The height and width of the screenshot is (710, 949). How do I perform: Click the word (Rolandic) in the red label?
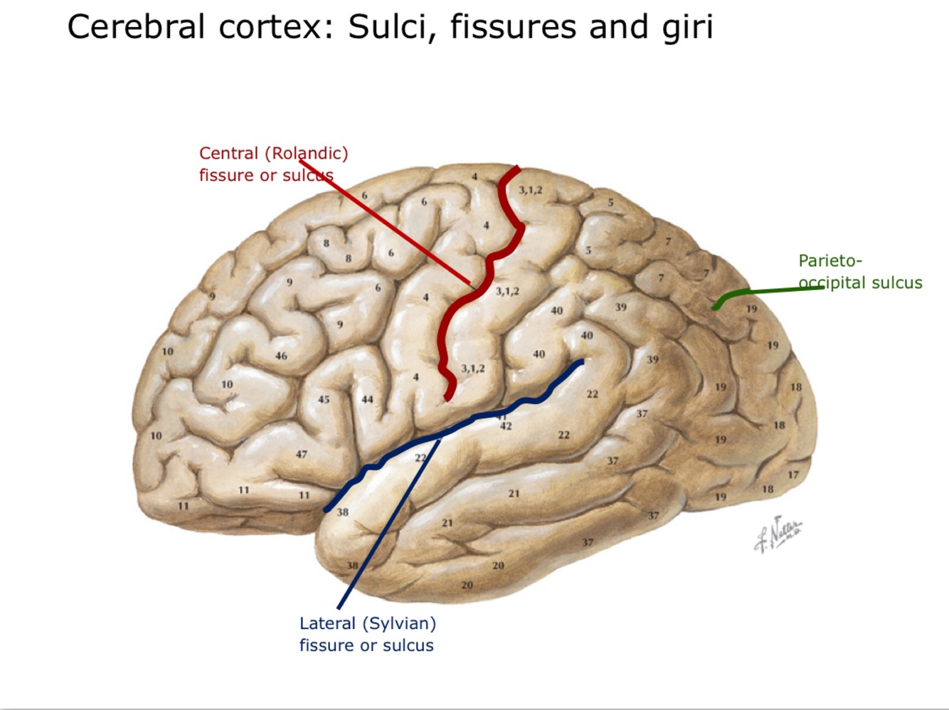(306, 153)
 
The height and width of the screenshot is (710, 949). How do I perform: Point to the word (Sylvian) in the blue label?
(398, 623)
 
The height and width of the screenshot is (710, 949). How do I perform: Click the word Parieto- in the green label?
(829, 260)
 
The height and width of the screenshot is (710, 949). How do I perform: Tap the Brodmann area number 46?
(281, 355)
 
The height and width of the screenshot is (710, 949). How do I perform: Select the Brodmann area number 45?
(324, 399)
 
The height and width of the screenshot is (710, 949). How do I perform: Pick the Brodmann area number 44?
(367, 399)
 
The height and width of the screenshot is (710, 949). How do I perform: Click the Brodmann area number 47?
(302, 454)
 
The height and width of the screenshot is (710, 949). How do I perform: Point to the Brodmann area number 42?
(506, 426)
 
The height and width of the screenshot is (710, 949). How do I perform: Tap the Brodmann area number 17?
(793, 475)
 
